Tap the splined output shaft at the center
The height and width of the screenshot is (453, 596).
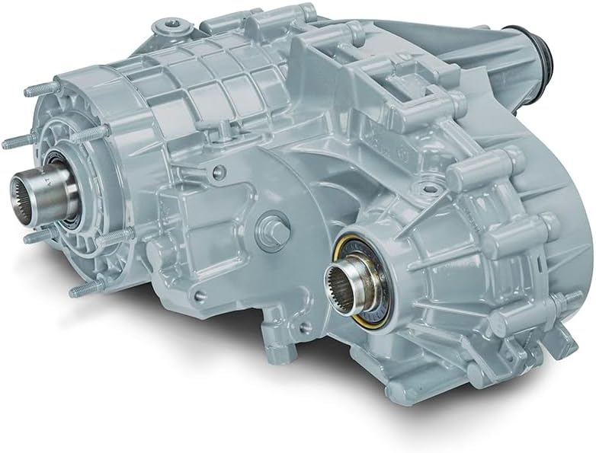[352, 282]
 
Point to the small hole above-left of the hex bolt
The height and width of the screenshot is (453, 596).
[221, 176]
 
